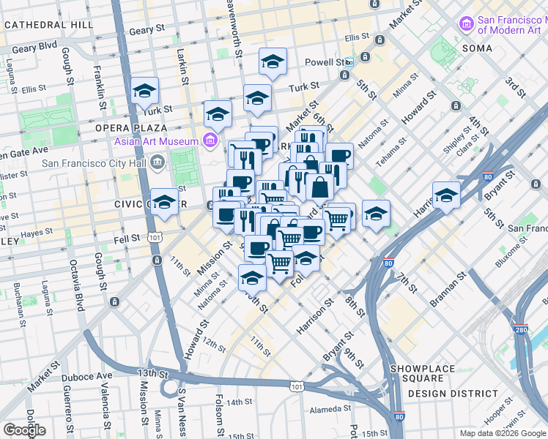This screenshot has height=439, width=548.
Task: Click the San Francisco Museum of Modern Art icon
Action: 466,24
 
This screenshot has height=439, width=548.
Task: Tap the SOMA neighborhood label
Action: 477,48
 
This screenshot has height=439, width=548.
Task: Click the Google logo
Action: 24,429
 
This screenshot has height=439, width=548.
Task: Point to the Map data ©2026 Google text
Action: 502,433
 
